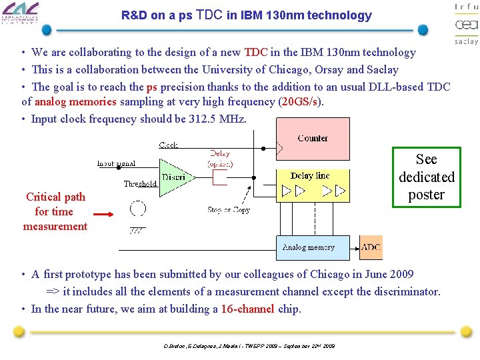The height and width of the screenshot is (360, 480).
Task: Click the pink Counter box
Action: pos(313,139)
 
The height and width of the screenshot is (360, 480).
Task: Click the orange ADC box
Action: pos(371,247)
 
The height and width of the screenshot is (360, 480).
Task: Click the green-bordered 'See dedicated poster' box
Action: pos(426,177)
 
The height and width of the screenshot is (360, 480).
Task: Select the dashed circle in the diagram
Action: pos(138,209)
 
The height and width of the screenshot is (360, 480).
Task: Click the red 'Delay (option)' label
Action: pos(220,158)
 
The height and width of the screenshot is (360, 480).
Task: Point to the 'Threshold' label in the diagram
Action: pos(140,184)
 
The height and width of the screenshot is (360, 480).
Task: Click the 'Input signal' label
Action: pos(116,163)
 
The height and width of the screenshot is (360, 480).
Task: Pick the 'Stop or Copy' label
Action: pos(228,209)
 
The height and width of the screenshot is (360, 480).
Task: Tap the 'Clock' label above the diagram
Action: pos(168,145)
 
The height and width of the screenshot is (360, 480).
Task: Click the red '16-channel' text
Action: pos(247,309)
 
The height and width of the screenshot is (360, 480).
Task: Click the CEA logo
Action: pos(466,25)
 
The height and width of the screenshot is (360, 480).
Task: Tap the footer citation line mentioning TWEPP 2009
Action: pos(249,346)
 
